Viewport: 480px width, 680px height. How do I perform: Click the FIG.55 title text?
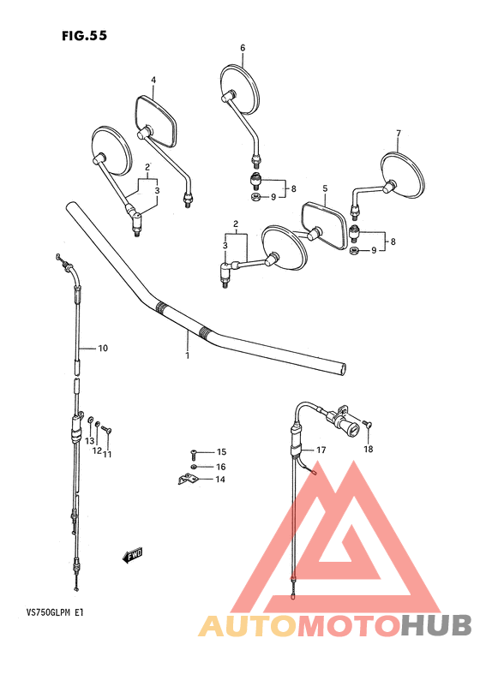point(84,36)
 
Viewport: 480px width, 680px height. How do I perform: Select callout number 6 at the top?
point(243,48)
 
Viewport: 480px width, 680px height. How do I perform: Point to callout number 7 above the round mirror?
point(399,134)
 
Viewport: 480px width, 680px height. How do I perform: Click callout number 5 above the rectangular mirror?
point(325,188)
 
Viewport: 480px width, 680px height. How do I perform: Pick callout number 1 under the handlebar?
point(187,353)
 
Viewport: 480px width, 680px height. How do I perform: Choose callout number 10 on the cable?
point(102,348)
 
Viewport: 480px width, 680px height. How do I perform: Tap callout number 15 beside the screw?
point(220,451)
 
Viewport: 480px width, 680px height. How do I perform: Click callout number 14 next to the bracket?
point(220,480)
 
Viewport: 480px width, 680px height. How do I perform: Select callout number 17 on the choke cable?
point(321,450)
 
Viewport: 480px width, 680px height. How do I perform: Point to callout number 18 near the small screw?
point(369,449)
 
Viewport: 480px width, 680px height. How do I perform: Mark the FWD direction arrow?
point(133,558)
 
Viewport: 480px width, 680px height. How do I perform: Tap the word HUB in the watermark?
point(432,625)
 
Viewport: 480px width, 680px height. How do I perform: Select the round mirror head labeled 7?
point(403,174)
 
